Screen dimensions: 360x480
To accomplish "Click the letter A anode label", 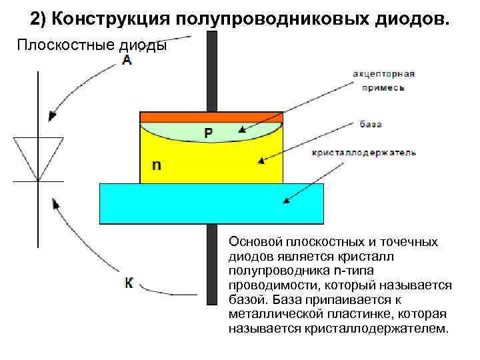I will pyautogui.click(x=127, y=61).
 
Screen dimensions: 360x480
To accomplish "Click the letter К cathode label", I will pyautogui.click(x=129, y=283).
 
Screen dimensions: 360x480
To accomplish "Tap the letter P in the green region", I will pyautogui.click(x=209, y=133).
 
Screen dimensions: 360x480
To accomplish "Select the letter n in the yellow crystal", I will pyautogui.click(x=156, y=164).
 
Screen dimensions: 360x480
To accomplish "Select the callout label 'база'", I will pyautogui.click(x=370, y=125).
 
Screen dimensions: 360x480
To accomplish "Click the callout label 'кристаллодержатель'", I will pyautogui.click(x=364, y=153).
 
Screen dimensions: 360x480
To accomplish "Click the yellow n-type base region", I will pyautogui.click(x=200, y=163).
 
